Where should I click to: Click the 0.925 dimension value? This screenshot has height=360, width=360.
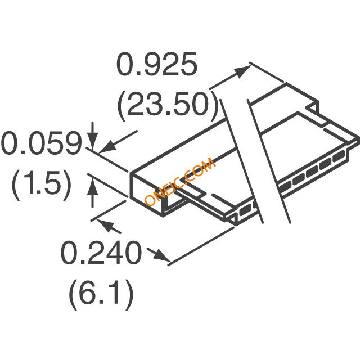[x=157, y=64]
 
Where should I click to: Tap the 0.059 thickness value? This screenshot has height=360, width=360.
[x=41, y=143]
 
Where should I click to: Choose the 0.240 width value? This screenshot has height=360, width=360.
[x=101, y=253]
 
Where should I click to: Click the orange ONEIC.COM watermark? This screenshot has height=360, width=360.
[x=180, y=181]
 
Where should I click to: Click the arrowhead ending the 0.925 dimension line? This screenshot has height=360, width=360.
[x=244, y=71]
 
